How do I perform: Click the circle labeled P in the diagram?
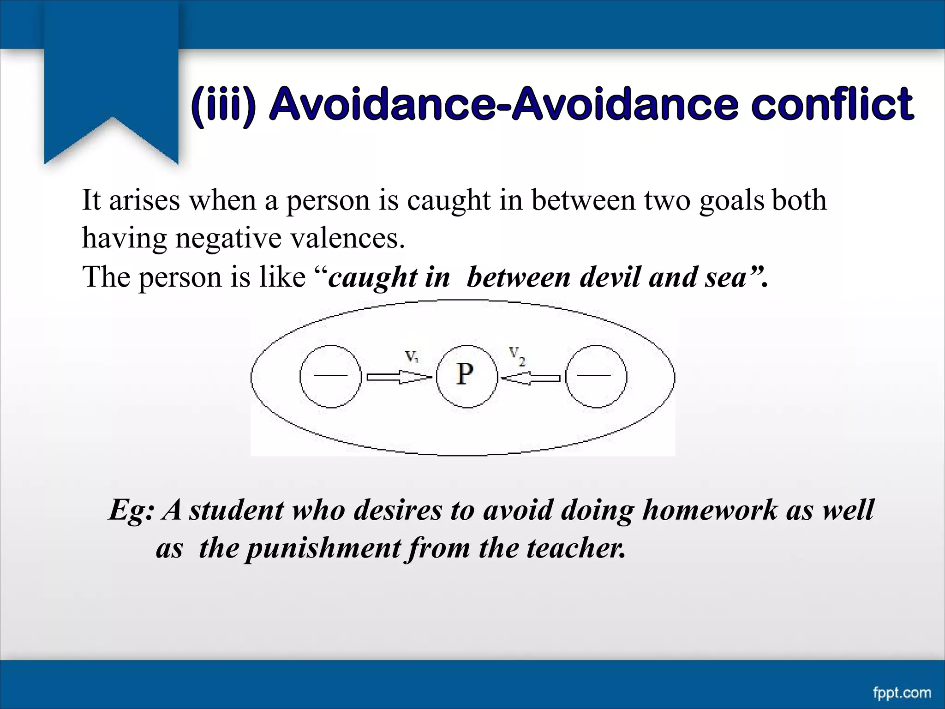(467, 376)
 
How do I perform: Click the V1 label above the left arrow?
(412, 357)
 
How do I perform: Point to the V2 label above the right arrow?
(517, 356)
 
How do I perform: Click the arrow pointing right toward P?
(398, 378)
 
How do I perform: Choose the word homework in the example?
(710, 511)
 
